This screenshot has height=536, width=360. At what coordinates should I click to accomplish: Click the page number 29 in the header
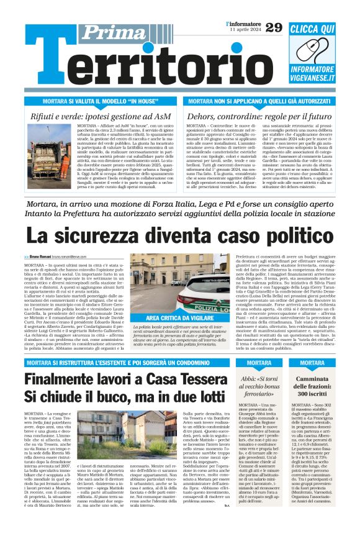273,27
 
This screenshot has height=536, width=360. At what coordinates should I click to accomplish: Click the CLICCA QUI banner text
321,29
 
